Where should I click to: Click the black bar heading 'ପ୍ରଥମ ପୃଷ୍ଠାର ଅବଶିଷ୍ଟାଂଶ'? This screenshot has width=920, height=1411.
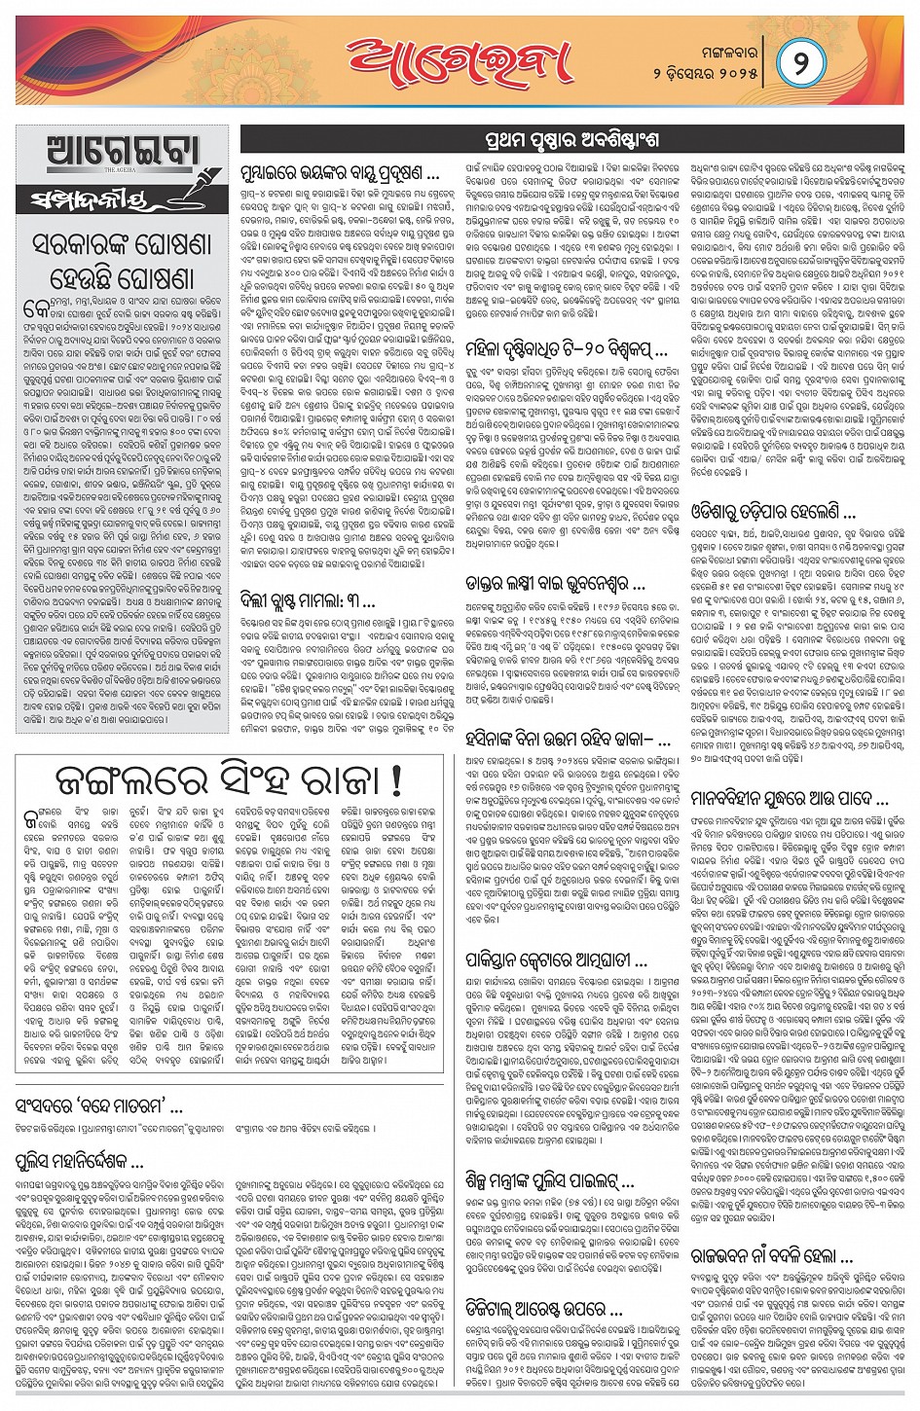(x=571, y=139)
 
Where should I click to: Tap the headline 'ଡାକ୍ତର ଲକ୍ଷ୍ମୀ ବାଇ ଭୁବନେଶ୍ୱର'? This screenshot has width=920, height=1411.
(x=555, y=584)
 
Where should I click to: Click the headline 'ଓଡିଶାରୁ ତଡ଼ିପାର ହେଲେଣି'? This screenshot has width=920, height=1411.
(x=773, y=512)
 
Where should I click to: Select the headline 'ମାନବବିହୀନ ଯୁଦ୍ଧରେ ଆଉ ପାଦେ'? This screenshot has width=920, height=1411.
(x=789, y=799)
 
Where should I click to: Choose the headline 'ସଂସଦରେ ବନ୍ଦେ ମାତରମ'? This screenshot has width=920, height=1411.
(x=99, y=1105)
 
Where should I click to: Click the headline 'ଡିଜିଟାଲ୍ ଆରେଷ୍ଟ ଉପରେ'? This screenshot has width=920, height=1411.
(x=544, y=1310)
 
